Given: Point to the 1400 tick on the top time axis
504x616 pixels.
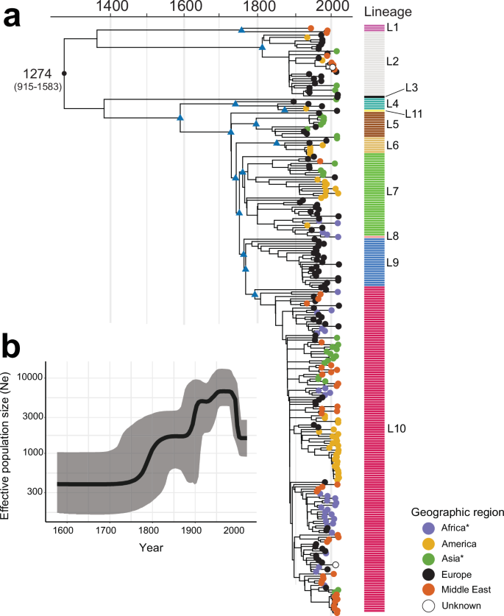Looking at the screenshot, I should click(x=110, y=8).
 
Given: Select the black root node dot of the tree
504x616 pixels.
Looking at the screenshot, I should click(x=65, y=74).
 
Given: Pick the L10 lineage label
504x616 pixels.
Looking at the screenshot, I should click(x=398, y=428).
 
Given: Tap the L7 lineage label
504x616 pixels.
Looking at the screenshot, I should click(x=393, y=191).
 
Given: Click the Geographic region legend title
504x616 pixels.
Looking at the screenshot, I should click(x=456, y=511).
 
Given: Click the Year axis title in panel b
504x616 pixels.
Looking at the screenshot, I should click(x=150, y=548).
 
